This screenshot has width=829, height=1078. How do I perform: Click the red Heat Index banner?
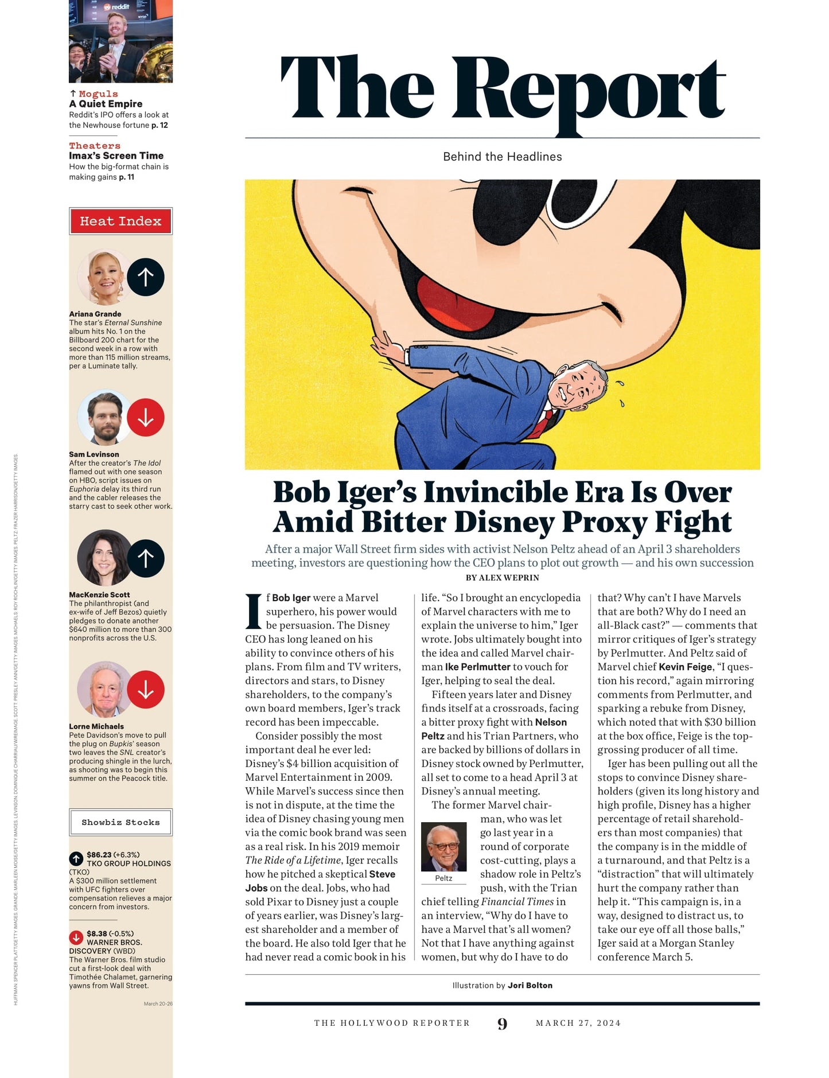point(120,221)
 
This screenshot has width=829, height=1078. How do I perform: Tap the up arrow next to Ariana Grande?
point(146,277)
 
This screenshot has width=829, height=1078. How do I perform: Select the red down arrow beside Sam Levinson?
point(146,417)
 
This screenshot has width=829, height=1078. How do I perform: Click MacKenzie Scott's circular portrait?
point(104,558)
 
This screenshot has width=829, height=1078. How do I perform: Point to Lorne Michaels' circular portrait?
point(104,690)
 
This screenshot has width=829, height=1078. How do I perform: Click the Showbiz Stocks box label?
point(120,822)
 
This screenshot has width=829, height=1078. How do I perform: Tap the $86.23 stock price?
point(99,854)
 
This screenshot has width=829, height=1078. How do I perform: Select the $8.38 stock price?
point(97,933)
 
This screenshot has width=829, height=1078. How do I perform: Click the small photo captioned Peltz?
point(443,847)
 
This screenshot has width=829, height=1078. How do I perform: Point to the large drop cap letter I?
point(254,612)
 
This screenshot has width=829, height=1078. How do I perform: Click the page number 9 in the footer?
point(502,1023)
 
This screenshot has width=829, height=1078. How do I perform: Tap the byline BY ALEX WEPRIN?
point(502,578)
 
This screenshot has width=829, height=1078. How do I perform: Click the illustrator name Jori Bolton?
point(530,985)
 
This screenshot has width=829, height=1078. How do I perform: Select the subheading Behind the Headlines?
point(502,157)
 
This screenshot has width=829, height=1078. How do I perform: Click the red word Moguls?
point(98,94)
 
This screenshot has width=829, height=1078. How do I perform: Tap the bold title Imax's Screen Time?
point(116,155)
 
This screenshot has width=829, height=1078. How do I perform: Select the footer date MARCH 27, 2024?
point(578,1023)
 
